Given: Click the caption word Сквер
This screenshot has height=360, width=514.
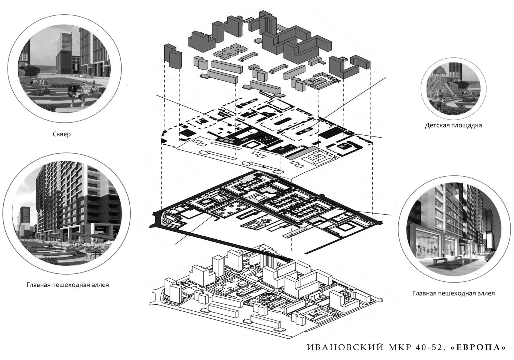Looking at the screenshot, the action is pyautogui.click(x=61, y=134).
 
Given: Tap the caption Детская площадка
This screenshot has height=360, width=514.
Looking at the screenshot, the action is pyautogui.click(x=453, y=125).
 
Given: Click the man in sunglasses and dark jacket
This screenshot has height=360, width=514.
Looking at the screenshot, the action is pyautogui.click(x=73, y=93).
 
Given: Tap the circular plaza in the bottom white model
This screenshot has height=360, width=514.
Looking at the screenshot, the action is pyautogui.click(x=266, y=298).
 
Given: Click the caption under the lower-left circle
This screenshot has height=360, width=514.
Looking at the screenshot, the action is pyautogui.click(x=68, y=285).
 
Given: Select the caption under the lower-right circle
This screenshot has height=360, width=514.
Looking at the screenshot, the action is pyautogui.click(x=453, y=293).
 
